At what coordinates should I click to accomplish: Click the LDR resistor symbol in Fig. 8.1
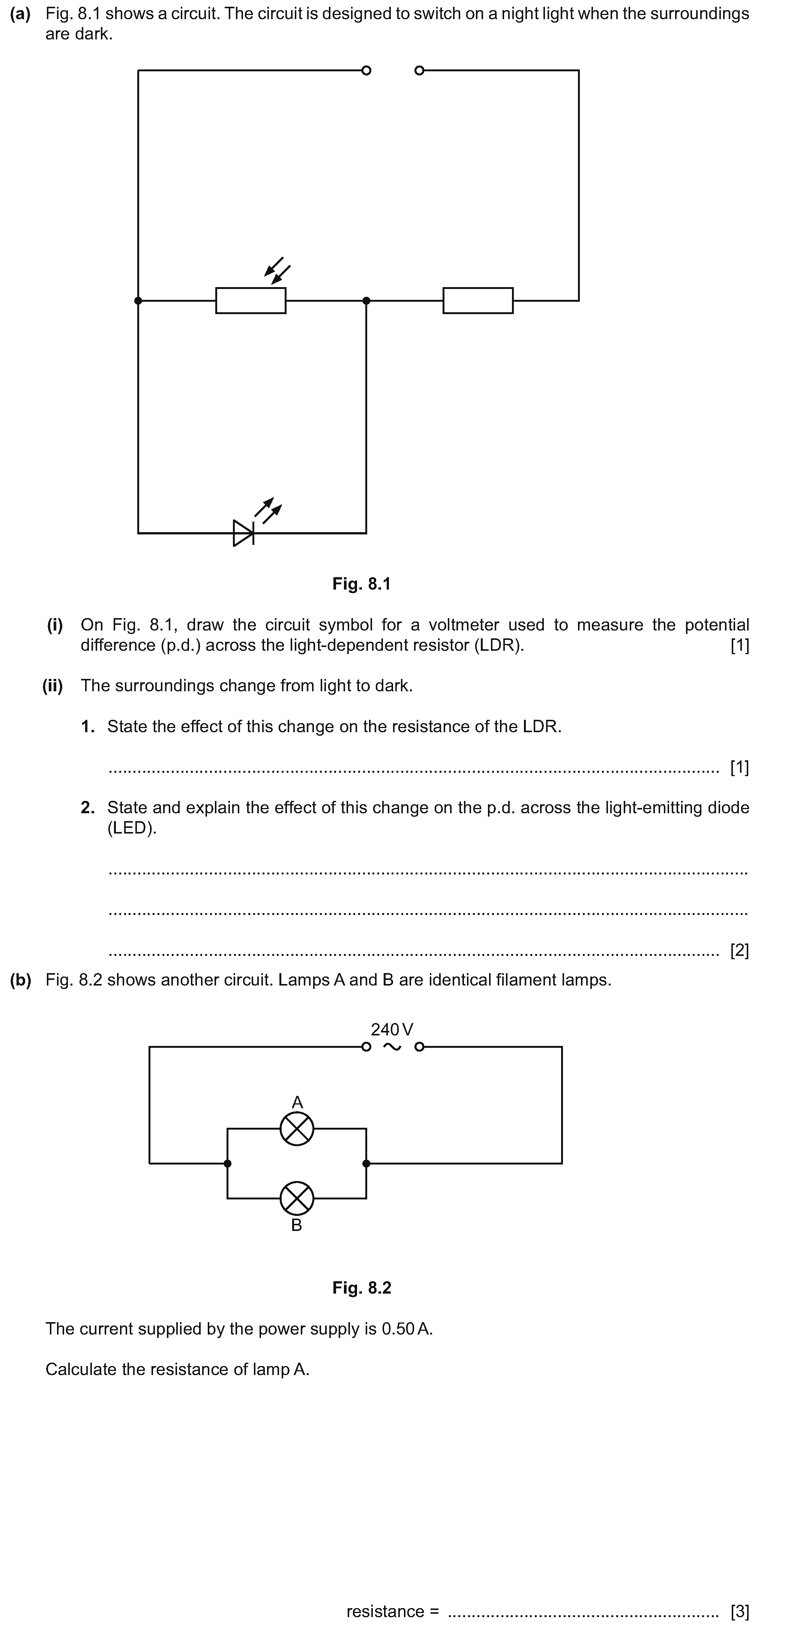(251, 301)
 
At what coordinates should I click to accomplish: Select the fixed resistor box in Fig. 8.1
(478, 301)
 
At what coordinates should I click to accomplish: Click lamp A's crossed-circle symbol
(297, 1128)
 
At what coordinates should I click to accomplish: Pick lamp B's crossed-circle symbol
(297, 1198)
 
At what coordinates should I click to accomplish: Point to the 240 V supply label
(392, 1029)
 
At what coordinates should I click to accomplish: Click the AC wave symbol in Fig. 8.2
(392, 1047)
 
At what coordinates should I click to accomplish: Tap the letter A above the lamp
(297, 1102)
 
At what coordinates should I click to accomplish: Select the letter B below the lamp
(296, 1225)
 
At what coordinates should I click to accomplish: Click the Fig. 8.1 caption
(362, 584)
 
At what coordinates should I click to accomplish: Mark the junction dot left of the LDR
(138, 301)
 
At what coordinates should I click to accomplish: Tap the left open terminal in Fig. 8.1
(366, 70)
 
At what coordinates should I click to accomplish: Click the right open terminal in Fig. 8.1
(419, 70)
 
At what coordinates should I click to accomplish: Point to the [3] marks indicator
(739, 1611)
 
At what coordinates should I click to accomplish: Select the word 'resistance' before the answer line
(386, 1611)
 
